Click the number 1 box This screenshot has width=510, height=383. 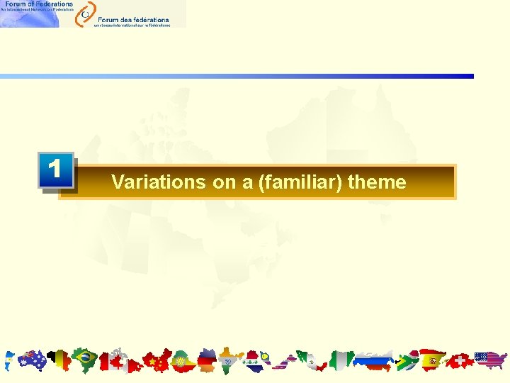pos(55,171)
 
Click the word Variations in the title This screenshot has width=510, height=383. pos(158,182)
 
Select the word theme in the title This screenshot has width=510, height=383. pos(377,182)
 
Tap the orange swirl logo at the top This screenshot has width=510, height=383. pos(85,12)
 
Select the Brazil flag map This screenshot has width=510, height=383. pos(85,360)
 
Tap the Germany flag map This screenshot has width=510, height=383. pos(207,361)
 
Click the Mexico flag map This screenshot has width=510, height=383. pos(307,360)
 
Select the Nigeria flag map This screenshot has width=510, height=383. pos(342,360)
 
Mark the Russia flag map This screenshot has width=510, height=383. pos(373,361)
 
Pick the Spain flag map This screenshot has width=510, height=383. pos(432,360)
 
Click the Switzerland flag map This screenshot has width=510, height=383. pos(460,361)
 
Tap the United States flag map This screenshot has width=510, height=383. pos(490,360)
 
